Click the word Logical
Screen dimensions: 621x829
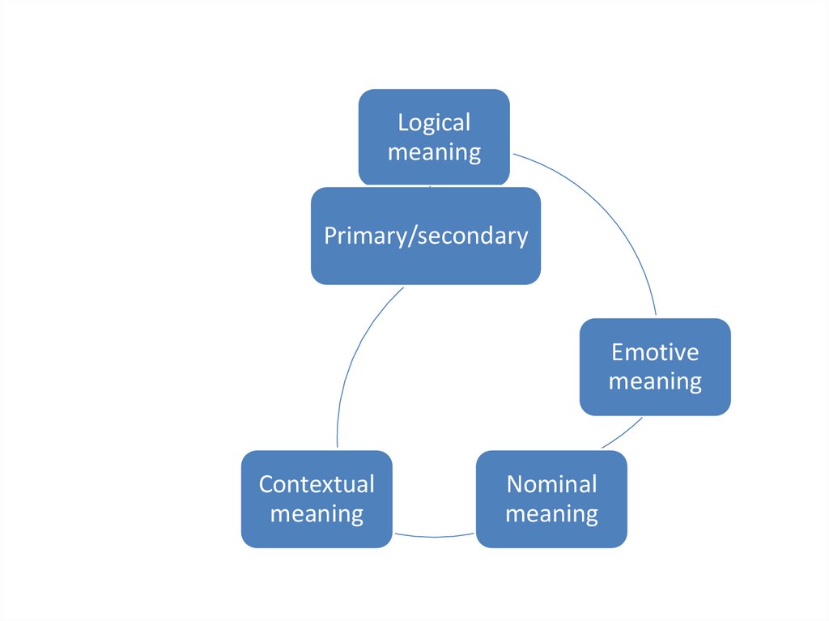tap(434, 123)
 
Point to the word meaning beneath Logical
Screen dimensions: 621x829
tap(434, 152)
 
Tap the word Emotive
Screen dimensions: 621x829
tap(655, 352)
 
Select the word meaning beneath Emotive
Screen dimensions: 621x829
tap(655, 381)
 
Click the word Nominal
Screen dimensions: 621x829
tap(551, 484)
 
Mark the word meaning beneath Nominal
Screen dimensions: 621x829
tap(551, 513)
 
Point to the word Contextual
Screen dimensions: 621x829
tap(317, 484)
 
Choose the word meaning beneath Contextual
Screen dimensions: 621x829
tap(317, 513)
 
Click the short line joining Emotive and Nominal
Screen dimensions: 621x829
tap(622, 433)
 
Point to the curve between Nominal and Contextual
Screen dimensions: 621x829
tap(434, 536)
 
